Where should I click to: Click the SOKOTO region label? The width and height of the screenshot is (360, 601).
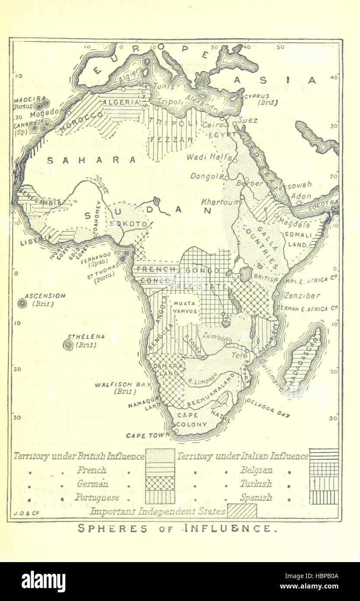coord(131,224)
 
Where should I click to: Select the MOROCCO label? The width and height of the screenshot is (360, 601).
coord(83,121)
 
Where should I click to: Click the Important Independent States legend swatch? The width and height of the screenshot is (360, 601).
coord(242,511)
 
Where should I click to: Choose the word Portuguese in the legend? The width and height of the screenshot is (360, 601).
coord(97,497)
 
